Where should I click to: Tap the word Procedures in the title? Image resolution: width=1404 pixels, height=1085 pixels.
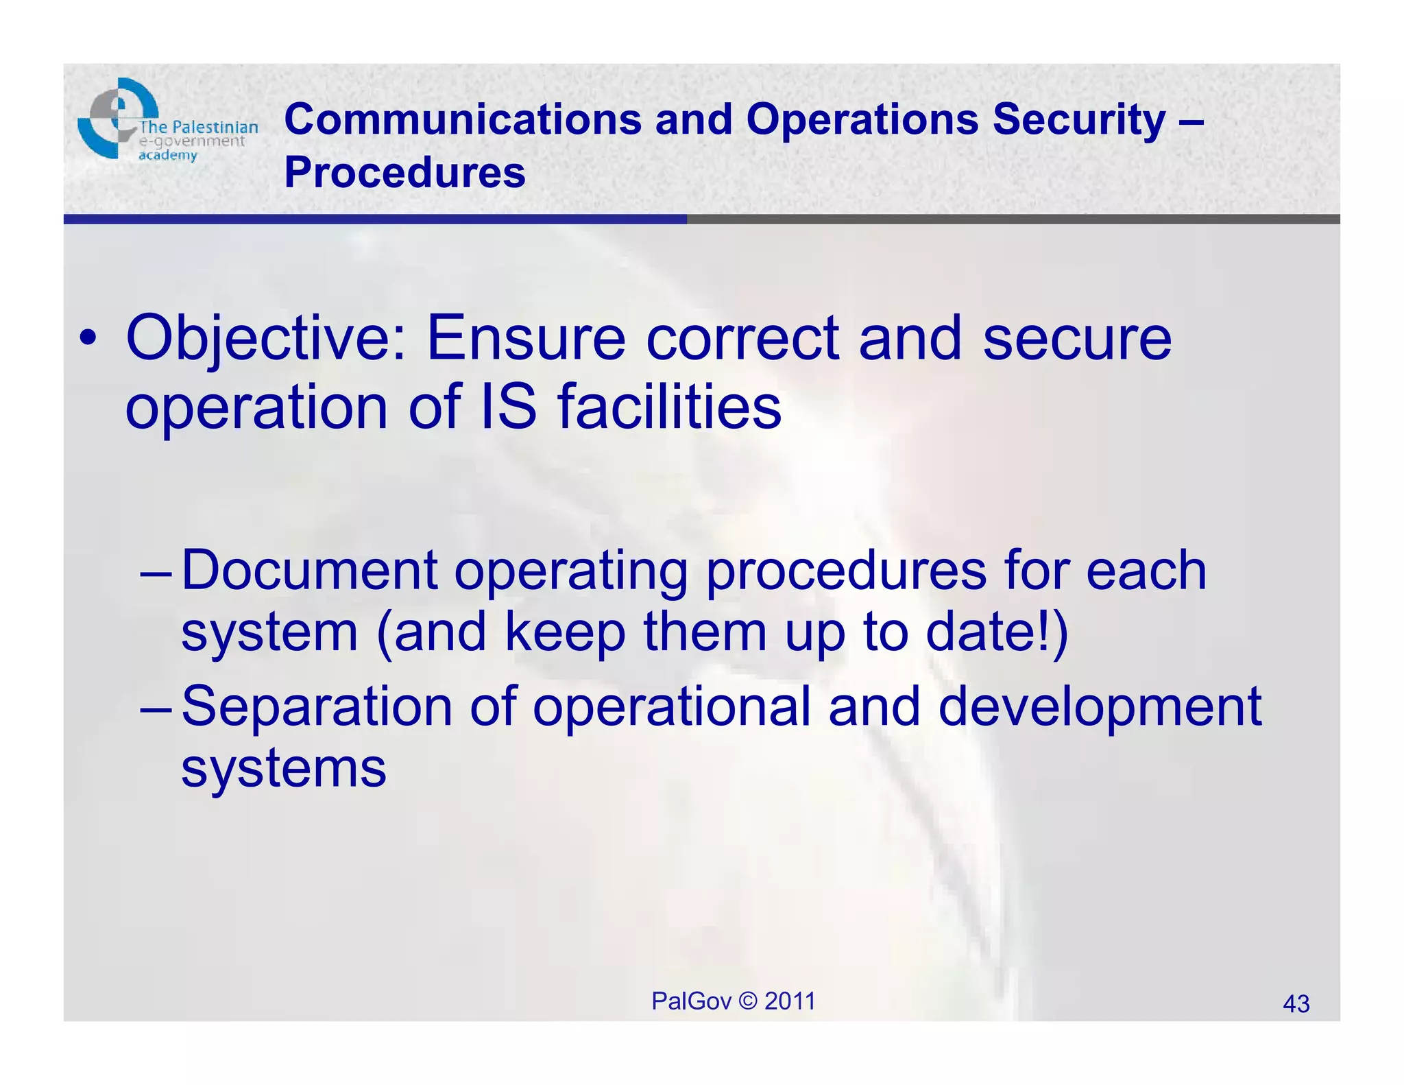(404, 172)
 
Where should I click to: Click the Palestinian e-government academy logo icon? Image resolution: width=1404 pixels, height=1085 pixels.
(117, 118)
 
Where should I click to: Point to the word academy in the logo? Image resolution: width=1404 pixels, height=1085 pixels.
(167, 156)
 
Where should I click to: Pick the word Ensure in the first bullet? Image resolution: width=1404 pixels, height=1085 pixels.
(526, 338)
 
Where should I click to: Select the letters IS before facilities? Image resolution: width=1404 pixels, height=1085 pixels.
(508, 407)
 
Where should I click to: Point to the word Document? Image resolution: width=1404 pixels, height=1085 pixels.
(309, 571)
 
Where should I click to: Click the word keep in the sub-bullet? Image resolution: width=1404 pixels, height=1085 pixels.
(565, 632)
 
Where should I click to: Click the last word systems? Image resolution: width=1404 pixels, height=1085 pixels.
(284, 768)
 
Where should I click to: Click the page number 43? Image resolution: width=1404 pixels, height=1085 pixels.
(1296, 1004)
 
